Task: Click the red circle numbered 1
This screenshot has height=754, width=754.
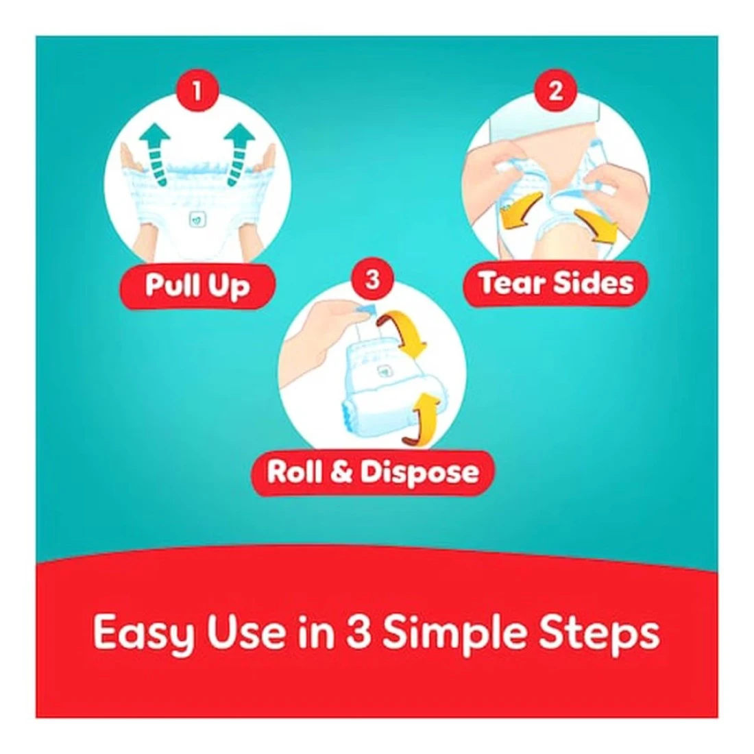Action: (197, 90)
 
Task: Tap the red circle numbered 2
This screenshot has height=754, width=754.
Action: (555, 90)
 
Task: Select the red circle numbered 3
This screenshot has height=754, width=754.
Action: (373, 279)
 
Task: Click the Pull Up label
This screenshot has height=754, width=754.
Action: (197, 286)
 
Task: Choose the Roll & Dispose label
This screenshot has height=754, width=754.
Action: (373, 472)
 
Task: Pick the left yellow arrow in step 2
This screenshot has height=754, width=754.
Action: (521, 212)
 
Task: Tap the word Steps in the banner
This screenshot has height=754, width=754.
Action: (599, 633)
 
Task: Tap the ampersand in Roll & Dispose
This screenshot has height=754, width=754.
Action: (342, 472)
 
